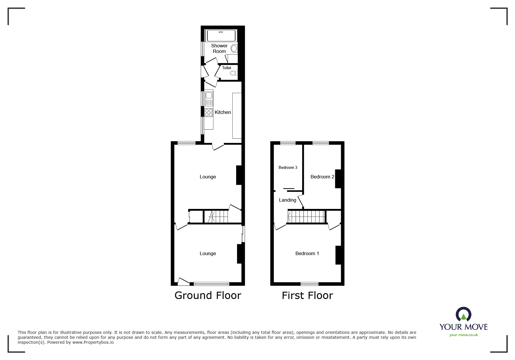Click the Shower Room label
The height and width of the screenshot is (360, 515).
(219, 49)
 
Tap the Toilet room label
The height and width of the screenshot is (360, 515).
(227, 68)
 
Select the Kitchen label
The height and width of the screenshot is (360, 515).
(223, 112)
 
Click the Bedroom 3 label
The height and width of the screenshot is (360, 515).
(288, 167)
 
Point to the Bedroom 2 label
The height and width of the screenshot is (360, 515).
(322, 177)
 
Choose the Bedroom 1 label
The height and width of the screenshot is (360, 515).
(307, 253)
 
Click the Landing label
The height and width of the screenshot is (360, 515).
(287, 200)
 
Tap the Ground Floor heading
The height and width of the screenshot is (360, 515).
(208, 295)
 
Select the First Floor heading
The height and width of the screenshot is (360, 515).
(307, 295)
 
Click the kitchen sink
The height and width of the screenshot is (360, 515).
(209, 95)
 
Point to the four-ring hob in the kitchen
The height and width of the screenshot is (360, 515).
(209, 112)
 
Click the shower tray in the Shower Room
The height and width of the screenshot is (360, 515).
(221, 36)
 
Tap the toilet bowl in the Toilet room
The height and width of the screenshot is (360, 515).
(233, 73)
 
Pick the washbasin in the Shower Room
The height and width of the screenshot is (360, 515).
(234, 49)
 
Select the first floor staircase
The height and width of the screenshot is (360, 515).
(306, 217)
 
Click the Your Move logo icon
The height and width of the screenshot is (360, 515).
(463, 315)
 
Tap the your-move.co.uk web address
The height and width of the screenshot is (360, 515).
(464, 335)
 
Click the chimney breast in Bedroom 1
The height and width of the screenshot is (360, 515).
(338, 255)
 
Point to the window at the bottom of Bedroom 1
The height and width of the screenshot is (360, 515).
(309, 284)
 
